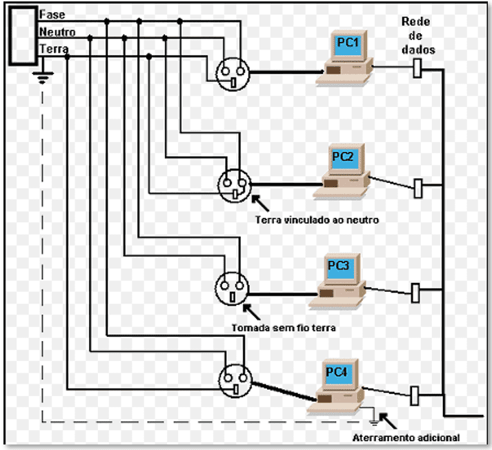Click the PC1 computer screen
(348, 46)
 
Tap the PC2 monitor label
(343, 156)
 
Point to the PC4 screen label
(337, 372)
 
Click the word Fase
(52, 14)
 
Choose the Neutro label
(57, 32)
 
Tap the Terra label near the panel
(54, 49)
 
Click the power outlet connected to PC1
(233, 75)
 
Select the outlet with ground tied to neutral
(235, 186)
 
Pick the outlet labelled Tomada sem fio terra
(232, 288)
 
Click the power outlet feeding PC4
(235, 381)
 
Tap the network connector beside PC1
(417, 68)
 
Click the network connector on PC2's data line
(418, 188)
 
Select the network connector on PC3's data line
(415, 293)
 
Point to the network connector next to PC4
(415, 395)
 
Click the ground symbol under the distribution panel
(43, 77)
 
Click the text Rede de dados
(417, 35)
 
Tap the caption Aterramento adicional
(406, 438)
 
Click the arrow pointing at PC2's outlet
(260, 203)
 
